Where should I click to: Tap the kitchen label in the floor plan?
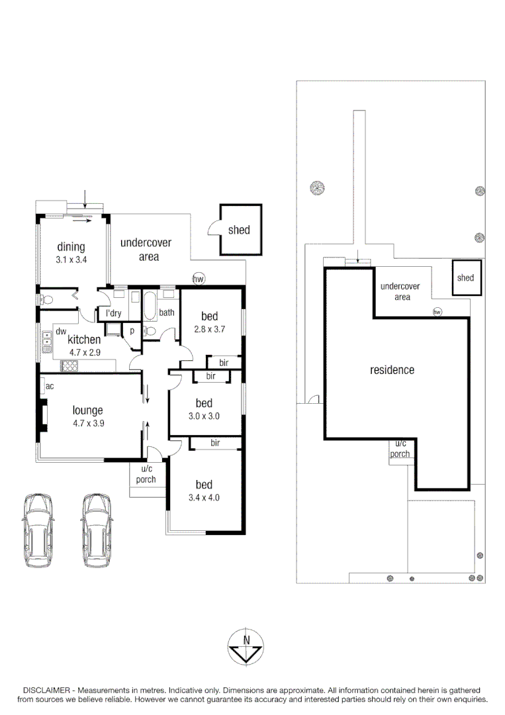84,340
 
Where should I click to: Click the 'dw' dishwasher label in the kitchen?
60,331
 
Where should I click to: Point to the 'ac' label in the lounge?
50,385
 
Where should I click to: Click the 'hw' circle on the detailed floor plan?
198,279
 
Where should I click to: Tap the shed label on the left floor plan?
239,230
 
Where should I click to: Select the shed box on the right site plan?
465,278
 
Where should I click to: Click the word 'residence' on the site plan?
392,370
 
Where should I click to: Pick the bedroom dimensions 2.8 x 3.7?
210,329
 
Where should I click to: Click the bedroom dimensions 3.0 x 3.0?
204,416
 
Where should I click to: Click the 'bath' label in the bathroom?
166,312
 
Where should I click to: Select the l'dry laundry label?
114,313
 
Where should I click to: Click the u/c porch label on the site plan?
399,449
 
